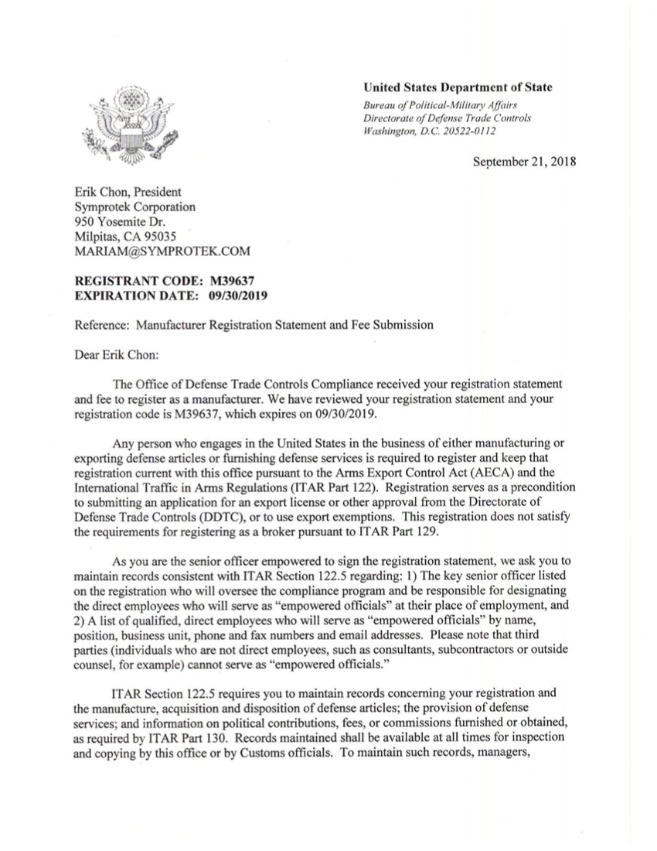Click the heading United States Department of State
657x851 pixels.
[458, 87]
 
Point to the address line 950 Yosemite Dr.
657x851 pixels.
[119, 222]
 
